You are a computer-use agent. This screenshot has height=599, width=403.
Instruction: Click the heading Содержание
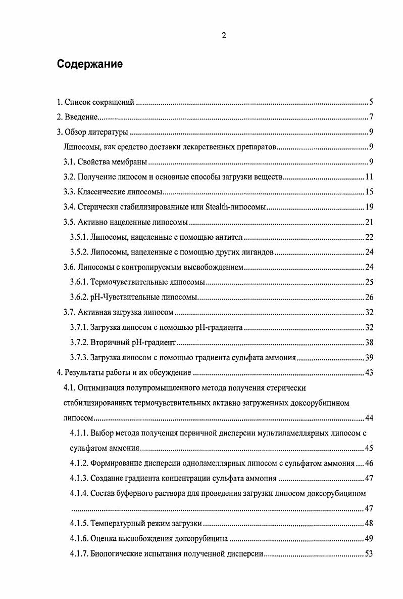click(x=89, y=64)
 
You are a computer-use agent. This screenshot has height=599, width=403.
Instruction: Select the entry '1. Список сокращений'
click(x=95, y=103)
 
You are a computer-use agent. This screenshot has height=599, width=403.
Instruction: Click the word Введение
click(x=81, y=118)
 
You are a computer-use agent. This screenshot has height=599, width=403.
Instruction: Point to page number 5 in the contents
click(x=370, y=103)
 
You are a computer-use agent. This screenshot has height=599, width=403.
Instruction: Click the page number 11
click(x=368, y=178)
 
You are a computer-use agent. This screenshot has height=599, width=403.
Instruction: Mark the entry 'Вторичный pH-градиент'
click(x=133, y=343)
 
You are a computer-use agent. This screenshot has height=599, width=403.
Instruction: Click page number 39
click(x=368, y=358)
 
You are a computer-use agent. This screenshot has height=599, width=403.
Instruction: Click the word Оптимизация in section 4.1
click(x=102, y=388)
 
